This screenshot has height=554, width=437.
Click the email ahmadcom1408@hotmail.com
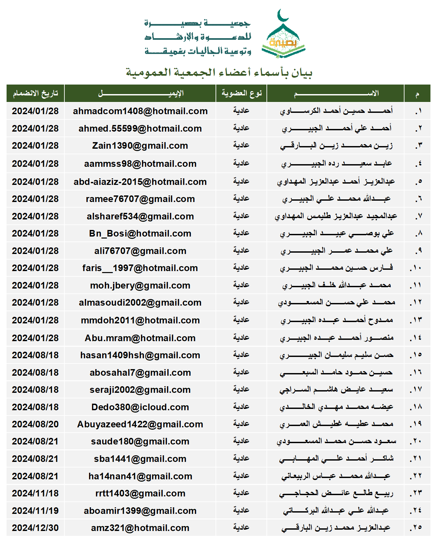click(140, 111)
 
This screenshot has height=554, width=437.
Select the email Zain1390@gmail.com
click(140, 146)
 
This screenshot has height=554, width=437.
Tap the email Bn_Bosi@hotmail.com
click(140, 234)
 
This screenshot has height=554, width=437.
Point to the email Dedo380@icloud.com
click(140, 407)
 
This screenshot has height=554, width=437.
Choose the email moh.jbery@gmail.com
click(140, 286)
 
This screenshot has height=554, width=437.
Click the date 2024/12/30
click(35, 528)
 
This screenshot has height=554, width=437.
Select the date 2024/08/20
click(35, 424)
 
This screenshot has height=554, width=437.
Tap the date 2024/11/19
click(35, 511)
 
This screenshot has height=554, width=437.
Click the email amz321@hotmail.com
click(140, 528)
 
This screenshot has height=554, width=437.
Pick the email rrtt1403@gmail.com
click(140, 493)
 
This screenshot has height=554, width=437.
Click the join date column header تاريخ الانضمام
click(35, 94)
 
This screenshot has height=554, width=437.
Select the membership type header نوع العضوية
click(241, 93)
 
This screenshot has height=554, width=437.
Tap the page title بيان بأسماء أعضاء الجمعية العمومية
click(219, 72)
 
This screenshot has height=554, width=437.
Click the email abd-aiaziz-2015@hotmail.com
click(140, 182)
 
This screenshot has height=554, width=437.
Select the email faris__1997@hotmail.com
click(140, 268)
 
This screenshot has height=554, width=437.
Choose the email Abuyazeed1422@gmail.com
click(140, 424)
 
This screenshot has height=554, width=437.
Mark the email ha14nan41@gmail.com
click(140, 476)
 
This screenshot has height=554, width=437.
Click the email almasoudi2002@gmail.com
click(140, 303)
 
